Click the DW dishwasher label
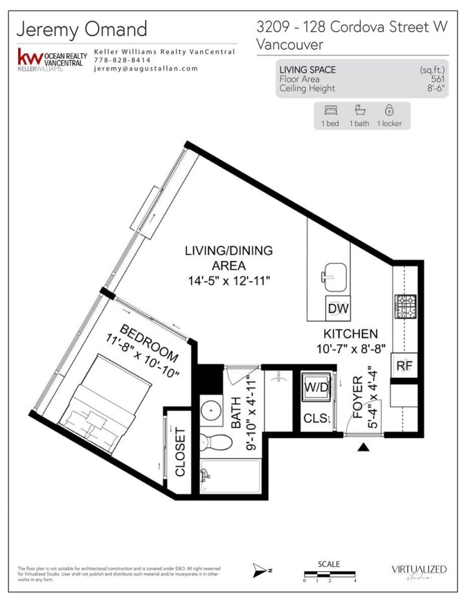point(338,309)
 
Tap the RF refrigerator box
point(404,366)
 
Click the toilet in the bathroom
point(217,443)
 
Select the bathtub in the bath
point(230,478)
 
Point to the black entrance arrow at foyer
point(364,446)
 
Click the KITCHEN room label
point(350,334)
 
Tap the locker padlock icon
point(389,110)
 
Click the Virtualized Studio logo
point(419,570)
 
